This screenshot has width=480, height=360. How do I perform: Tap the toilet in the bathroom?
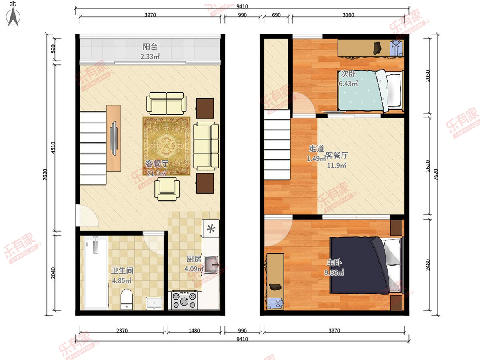(x=127, y=299)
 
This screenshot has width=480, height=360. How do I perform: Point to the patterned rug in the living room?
(x=166, y=146)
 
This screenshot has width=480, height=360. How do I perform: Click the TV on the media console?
(x=114, y=138)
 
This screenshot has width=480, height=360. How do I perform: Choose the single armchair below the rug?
(x=167, y=189)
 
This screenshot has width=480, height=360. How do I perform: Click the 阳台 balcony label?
(x=150, y=46)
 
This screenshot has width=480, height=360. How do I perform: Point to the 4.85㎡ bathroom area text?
(x=122, y=280)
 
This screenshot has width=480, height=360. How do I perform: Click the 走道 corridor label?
(x=316, y=149)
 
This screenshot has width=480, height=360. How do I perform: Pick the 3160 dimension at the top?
(x=348, y=15)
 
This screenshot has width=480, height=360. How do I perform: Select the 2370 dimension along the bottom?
(x=122, y=331)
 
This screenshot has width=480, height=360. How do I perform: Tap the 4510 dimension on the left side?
(x=53, y=148)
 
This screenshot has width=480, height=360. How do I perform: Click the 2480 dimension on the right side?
(x=428, y=265)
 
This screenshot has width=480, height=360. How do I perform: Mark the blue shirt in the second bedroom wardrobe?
(x=396, y=48)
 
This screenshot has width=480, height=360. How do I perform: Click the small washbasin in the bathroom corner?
(x=154, y=303)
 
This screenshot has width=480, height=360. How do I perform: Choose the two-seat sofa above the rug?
(x=166, y=103)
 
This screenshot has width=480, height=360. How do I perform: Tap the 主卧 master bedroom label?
(x=334, y=262)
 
